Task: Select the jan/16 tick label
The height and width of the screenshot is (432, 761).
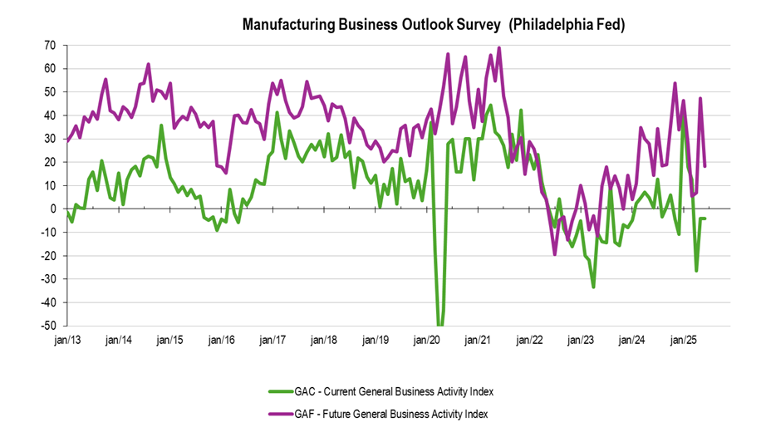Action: pyautogui.click(x=222, y=340)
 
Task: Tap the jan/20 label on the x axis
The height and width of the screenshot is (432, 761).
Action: pyautogui.click(x=427, y=340)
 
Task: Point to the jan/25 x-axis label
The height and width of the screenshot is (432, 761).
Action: pyautogui.click(x=684, y=340)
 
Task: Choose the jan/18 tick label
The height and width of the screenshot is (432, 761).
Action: pyautogui.click(x=324, y=340)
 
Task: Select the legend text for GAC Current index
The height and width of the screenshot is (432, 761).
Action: pyautogui.click(x=400, y=390)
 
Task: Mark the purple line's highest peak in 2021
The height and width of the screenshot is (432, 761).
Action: pyautogui.click(x=498, y=47)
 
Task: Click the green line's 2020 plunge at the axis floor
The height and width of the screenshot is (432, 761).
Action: pyautogui.click(x=439, y=324)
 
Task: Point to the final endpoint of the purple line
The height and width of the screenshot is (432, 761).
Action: pyautogui.click(x=705, y=166)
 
